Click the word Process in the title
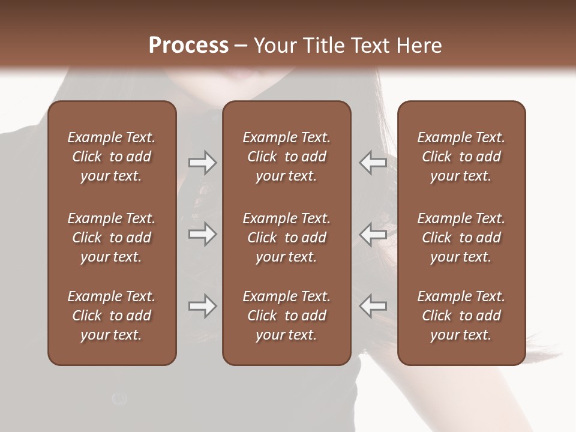(188, 45)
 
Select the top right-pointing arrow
(202, 163)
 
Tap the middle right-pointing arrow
(202, 233)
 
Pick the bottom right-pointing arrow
(202, 306)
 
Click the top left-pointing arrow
(373, 163)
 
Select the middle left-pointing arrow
(373, 233)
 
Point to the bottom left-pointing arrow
(373, 306)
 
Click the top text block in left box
(112, 157)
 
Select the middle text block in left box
(112, 238)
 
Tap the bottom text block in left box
(112, 316)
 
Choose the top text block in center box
(287, 157)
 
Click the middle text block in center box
(287, 238)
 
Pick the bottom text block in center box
(287, 316)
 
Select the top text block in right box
(461, 157)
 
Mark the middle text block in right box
(461, 238)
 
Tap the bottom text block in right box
(461, 316)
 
